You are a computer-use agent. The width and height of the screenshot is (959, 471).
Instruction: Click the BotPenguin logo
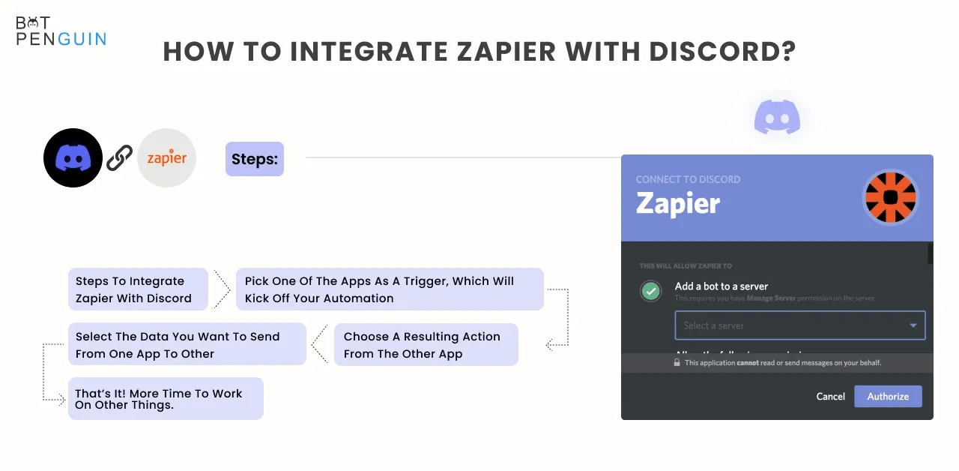coord(61,31)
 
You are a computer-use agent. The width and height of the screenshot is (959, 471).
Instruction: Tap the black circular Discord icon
coord(73,157)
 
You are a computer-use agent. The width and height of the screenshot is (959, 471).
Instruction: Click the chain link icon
coord(119,157)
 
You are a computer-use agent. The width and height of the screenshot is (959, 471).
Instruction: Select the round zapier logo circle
coord(166,157)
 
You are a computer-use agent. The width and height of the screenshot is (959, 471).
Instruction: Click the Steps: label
coord(254,159)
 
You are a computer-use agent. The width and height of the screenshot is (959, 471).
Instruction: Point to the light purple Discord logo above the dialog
coord(777,118)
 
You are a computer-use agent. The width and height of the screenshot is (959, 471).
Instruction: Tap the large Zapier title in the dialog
coord(678,203)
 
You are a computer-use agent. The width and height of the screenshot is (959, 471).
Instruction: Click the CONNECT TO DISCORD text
coord(688,180)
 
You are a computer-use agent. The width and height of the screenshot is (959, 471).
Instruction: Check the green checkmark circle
coord(651,291)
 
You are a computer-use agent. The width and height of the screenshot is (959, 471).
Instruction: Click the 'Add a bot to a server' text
coord(721,286)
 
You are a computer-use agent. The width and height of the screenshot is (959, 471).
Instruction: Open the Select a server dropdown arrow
coord(913,325)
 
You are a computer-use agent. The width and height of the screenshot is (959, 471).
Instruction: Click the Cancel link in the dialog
coord(830,397)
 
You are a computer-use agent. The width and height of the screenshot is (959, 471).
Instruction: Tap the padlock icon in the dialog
coord(677,363)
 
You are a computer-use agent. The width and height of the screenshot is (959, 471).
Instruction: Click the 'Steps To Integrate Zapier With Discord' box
coord(138,289)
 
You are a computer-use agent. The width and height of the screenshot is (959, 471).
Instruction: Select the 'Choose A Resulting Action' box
coord(426,345)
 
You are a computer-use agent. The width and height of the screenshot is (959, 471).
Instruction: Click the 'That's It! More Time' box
coord(166,399)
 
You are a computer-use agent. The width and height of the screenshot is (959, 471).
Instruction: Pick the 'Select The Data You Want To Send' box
coord(187,345)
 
